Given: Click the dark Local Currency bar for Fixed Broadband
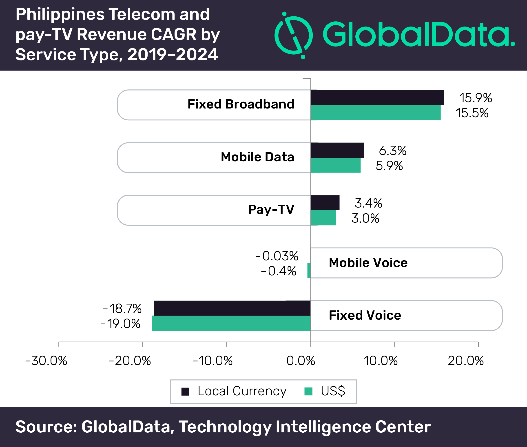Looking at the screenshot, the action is (377, 97).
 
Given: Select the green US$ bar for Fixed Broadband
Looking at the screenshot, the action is (376, 113).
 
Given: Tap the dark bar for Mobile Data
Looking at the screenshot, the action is (337, 150).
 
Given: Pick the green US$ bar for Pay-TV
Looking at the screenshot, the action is (323, 218).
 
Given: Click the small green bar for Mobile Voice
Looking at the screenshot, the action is (309, 270).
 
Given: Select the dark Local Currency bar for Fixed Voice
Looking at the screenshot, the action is (232, 308).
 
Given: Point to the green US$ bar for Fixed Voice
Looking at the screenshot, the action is (231, 323).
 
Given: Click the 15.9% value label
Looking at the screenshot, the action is (476, 98).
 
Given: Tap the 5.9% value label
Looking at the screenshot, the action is (389, 166).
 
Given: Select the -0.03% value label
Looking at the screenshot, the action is (277, 256).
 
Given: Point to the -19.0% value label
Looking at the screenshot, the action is (120, 324).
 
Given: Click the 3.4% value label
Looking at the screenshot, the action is (368, 203).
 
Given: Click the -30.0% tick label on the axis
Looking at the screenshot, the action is (46, 361).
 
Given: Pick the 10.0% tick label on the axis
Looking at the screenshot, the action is (381, 361).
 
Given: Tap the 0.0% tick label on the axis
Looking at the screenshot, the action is (301, 361).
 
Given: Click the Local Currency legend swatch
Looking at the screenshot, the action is (186, 392).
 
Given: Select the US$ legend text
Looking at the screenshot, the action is (333, 391).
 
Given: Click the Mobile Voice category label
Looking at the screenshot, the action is (368, 263).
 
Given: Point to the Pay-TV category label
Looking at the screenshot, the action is (271, 210).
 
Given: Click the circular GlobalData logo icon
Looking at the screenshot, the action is (294, 35).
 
